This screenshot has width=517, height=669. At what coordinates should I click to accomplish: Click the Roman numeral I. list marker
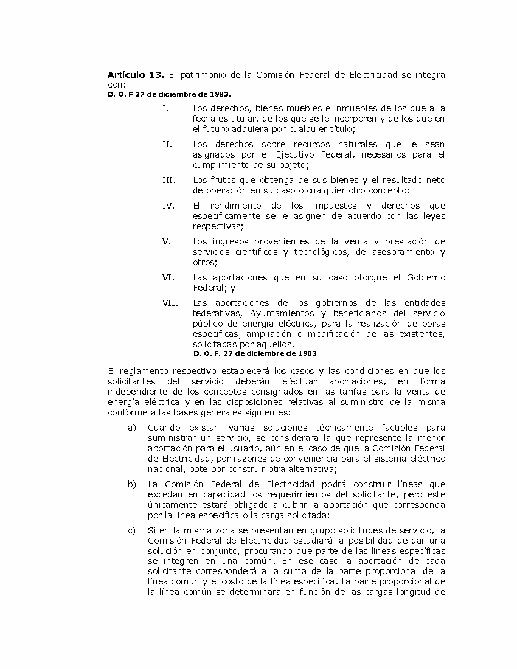(165, 108)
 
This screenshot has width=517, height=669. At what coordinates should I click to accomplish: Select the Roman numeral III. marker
(168, 180)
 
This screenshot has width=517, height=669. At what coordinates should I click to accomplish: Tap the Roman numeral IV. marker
(168, 206)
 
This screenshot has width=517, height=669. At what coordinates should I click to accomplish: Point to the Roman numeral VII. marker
(168, 303)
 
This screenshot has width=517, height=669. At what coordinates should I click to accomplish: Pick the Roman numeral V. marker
(167, 241)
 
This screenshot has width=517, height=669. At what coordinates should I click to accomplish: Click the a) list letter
(132, 428)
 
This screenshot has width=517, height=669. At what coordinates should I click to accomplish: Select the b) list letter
(132, 484)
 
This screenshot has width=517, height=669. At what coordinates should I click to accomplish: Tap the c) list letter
(132, 530)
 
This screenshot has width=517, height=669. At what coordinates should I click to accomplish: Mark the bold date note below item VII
(255, 353)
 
